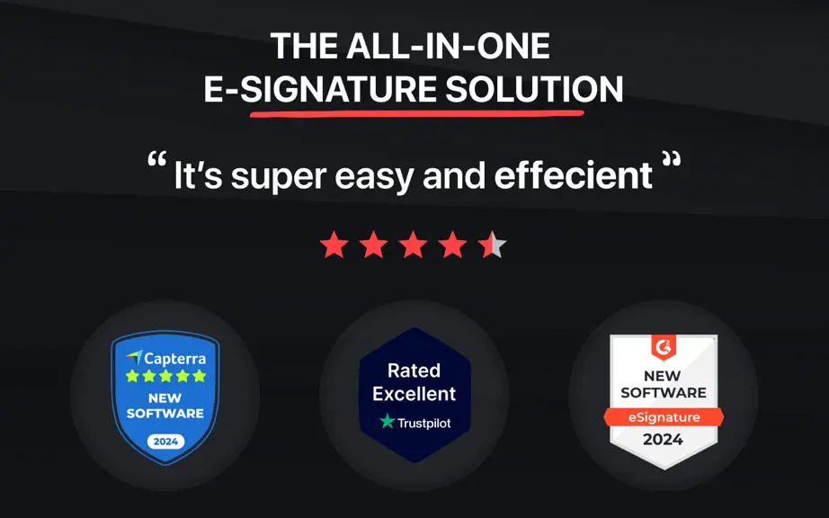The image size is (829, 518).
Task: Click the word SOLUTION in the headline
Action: [534, 89]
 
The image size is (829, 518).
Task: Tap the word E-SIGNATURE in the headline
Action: [320, 89]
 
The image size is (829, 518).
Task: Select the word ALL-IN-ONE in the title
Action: [449, 46]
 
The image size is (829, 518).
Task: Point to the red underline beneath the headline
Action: [416, 113]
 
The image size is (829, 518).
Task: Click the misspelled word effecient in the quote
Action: [573, 175]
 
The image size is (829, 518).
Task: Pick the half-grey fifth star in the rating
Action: [492, 245]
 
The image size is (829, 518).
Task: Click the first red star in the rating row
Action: [334, 245]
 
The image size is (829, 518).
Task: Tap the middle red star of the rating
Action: [413, 245]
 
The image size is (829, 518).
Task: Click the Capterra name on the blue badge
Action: [175, 359]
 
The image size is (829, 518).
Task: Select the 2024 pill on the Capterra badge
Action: [165, 442]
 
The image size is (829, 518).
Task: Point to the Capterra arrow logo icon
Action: [135, 358]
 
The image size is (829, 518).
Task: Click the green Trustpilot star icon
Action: [388, 421]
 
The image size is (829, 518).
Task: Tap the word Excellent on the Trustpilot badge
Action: [414, 394]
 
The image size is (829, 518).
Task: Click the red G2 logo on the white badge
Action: [663, 347]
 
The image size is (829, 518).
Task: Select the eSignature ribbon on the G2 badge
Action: [664, 417]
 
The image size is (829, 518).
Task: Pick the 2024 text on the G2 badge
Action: [663, 439]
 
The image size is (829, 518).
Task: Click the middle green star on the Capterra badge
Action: [165, 376]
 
